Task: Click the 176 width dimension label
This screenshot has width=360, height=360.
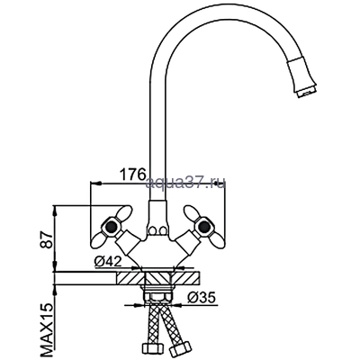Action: point(133,174)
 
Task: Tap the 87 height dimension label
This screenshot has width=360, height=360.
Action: point(47,239)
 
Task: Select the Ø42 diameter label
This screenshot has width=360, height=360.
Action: point(108,262)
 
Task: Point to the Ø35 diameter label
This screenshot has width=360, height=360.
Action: point(202,297)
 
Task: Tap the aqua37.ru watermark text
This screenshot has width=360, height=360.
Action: point(185,183)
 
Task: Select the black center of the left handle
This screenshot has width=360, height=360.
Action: point(111,226)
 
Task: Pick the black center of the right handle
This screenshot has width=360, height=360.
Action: point(205,226)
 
